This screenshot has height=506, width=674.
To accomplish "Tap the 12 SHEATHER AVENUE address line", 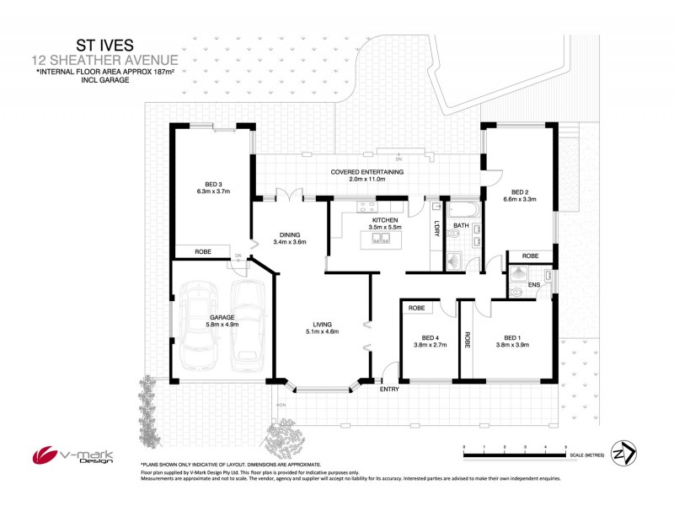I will [x=104, y=60].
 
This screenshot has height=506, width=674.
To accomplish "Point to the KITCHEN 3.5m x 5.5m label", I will [x=383, y=224].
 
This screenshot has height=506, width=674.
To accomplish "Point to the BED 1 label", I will [x=509, y=339].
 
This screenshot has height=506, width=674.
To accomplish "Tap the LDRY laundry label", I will [x=436, y=228].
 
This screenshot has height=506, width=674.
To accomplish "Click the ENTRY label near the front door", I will [x=390, y=390].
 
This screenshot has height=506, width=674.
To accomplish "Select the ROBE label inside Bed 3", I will [x=203, y=251].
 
